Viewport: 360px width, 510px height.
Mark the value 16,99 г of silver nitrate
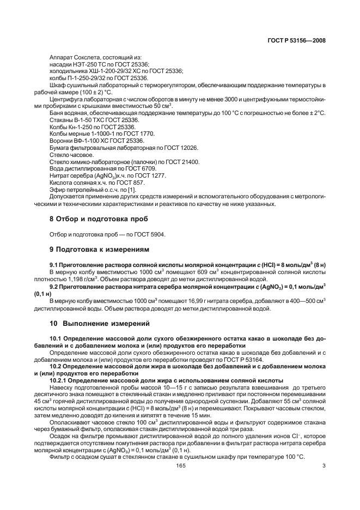208,300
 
